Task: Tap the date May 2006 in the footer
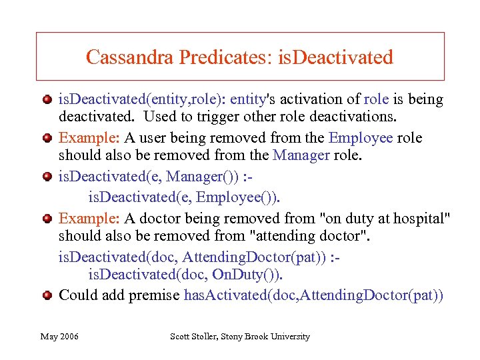pos(59,337)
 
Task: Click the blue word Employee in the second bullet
pos(360,138)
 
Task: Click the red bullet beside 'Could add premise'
pos(47,295)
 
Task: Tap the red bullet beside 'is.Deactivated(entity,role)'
pos(47,99)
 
